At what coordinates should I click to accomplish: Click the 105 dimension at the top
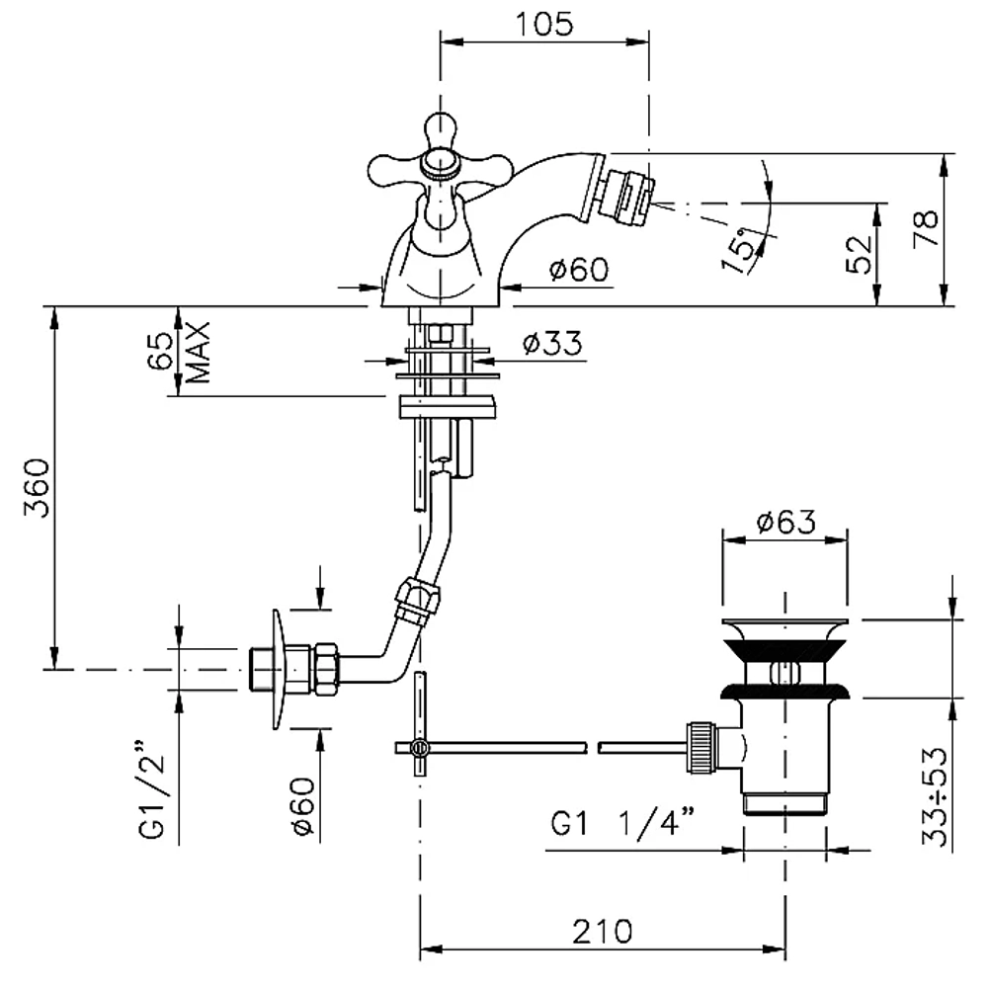[544, 25]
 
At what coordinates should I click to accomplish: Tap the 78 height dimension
[926, 227]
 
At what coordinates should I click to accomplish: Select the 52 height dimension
[860, 254]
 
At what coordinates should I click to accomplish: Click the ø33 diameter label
[552, 344]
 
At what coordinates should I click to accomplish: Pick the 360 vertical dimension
[38, 488]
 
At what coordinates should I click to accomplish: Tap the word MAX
[199, 353]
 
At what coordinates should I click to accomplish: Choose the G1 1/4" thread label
[623, 822]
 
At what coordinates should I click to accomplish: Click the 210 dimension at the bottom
[602, 932]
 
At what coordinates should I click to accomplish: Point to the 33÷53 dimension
[935, 796]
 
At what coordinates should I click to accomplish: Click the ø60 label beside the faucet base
[579, 270]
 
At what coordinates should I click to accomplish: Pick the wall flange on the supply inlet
[280, 669]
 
